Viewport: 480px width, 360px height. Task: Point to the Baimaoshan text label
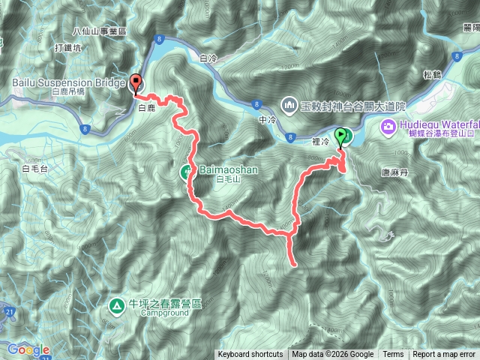point(228,170)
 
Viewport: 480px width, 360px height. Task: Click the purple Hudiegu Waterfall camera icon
point(388,125)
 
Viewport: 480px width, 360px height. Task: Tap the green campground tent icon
point(116,305)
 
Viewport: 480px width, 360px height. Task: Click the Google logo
point(28,349)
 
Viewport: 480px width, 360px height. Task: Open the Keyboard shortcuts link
point(250,355)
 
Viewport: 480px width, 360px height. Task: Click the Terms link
point(393,355)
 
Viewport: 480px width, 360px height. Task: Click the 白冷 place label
point(209,57)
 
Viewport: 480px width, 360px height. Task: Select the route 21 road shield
point(6,310)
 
